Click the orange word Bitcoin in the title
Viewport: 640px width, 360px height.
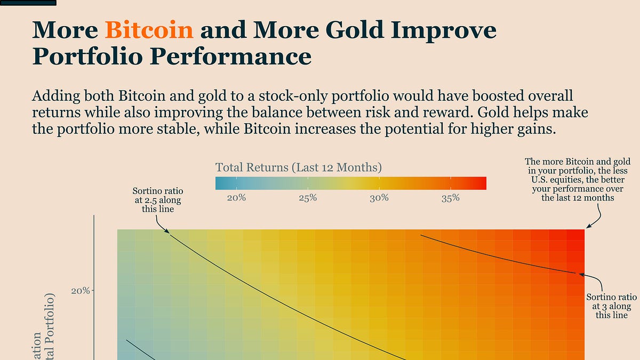pos(149,30)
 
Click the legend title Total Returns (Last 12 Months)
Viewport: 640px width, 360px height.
pos(299,167)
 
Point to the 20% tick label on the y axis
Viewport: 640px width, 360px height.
pos(81,291)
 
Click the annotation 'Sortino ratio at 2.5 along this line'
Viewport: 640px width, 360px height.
pos(157,200)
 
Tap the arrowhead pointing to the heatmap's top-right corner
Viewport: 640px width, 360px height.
pos(587,228)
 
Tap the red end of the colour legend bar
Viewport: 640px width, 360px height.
pos(482,183)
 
